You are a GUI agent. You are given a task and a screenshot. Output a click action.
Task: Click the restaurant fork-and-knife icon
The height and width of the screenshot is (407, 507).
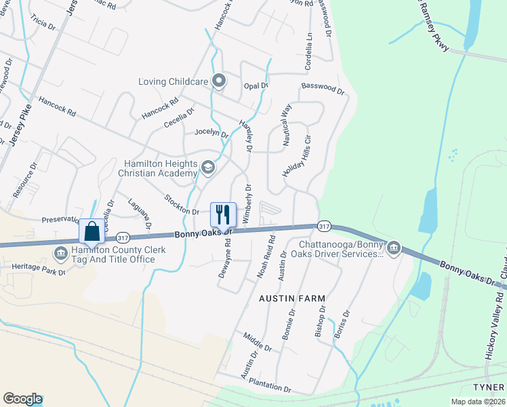point(223,215)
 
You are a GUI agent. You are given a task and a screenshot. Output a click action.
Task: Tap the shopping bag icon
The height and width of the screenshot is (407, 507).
point(92,231)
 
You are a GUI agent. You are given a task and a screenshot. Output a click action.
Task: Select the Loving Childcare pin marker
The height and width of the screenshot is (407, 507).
point(219,81)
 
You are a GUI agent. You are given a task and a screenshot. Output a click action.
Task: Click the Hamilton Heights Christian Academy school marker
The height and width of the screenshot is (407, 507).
point(208,167)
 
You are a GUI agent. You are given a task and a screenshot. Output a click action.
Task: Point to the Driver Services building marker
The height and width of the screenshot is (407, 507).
point(393,249)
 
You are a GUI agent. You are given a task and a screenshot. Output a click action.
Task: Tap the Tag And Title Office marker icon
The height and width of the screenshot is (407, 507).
point(60,254)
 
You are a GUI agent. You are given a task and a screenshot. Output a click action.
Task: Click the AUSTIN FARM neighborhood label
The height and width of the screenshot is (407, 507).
point(292,298)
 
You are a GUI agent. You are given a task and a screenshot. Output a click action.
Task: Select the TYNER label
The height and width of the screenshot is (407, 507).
point(489,386)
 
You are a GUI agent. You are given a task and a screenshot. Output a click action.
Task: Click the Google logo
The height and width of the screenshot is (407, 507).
point(22,399)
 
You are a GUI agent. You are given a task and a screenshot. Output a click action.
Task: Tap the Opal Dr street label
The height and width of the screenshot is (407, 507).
point(256,86)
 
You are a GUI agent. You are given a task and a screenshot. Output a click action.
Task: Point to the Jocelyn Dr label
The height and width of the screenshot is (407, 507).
point(211,133)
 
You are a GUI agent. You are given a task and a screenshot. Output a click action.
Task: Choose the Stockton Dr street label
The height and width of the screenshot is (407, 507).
point(181,205)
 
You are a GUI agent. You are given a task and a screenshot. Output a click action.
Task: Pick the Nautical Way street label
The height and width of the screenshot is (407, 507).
point(286,121)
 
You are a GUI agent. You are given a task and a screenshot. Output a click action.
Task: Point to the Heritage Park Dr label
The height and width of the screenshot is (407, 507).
point(38,269)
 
